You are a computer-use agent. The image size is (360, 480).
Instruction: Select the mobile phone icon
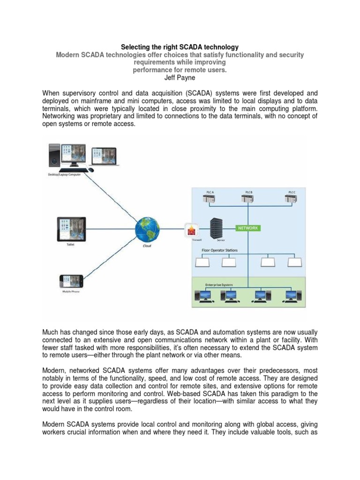[x=71, y=282]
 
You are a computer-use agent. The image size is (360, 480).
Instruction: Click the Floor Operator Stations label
[x=219, y=250]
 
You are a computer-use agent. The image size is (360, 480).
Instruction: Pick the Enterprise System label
[x=219, y=285]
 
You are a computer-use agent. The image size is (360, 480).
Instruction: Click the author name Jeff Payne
[x=180, y=78]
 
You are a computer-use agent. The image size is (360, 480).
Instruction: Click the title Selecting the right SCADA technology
[x=180, y=47]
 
